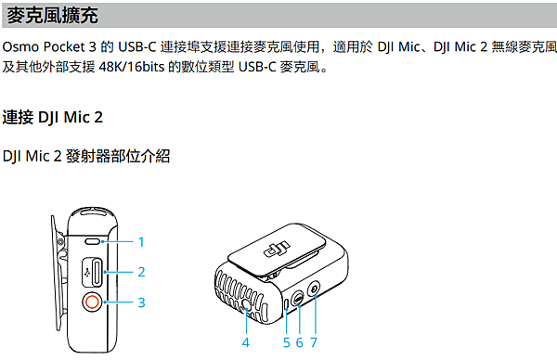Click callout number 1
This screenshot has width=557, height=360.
click(141, 241)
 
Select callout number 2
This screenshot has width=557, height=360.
click(141, 272)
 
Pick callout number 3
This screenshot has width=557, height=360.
click(141, 302)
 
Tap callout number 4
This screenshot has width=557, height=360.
click(245, 342)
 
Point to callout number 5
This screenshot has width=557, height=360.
click(287, 342)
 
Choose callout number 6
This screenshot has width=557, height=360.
click(300, 342)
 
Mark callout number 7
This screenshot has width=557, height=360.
click(314, 342)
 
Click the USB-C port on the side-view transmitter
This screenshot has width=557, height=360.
click(97, 272)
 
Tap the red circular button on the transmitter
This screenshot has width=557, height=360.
click(94, 302)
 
